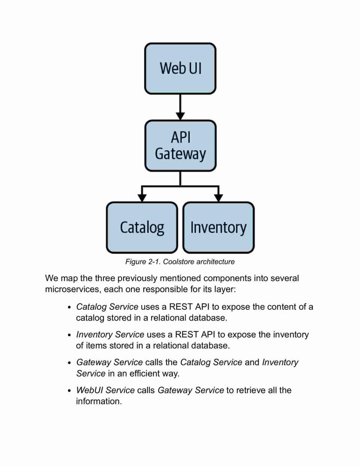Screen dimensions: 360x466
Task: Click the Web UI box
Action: pos(180,69)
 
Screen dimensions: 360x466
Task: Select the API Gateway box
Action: pos(180,145)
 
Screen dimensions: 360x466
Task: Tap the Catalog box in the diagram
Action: pos(142,228)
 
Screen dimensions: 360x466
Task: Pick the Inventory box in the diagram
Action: pos(218,228)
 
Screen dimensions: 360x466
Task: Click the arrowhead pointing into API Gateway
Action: pos(180,116)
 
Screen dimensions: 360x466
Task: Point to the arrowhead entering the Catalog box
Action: pos(142,198)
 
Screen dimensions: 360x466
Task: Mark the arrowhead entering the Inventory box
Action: pos(219,198)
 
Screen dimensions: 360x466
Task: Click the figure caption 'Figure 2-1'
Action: pos(143,262)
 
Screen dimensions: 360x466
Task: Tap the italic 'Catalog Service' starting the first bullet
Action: pos(107,307)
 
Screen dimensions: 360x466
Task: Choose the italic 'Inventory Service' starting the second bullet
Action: pos(110,335)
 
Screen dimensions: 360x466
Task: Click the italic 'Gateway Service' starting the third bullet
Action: pos(110,362)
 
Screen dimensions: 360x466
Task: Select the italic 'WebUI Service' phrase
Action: pos(105,390)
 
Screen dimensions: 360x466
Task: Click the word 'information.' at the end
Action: pos(99,401)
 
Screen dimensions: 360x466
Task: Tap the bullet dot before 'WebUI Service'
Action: pos(69,391)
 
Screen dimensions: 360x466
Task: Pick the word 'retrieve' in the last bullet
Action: pos(250,390)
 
